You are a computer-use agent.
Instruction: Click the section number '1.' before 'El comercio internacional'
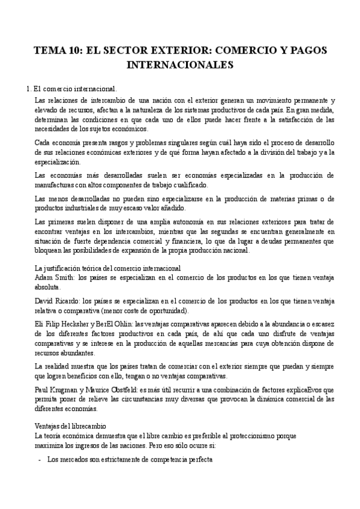(x=29, y=89)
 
